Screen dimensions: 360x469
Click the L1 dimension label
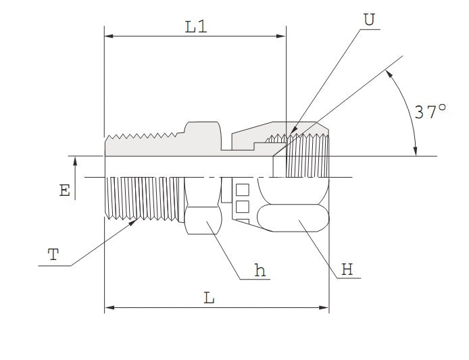pos(195,27)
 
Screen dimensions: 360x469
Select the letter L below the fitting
pos(209,298)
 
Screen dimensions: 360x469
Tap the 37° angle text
pos(430,112)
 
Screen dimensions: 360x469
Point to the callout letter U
pos(368,20)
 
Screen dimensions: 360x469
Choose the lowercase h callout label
pos(260,270)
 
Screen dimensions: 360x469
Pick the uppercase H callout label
pos(347,269)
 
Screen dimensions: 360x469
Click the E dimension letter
pos(64,191)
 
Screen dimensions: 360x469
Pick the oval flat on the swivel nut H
pos(293,218)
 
